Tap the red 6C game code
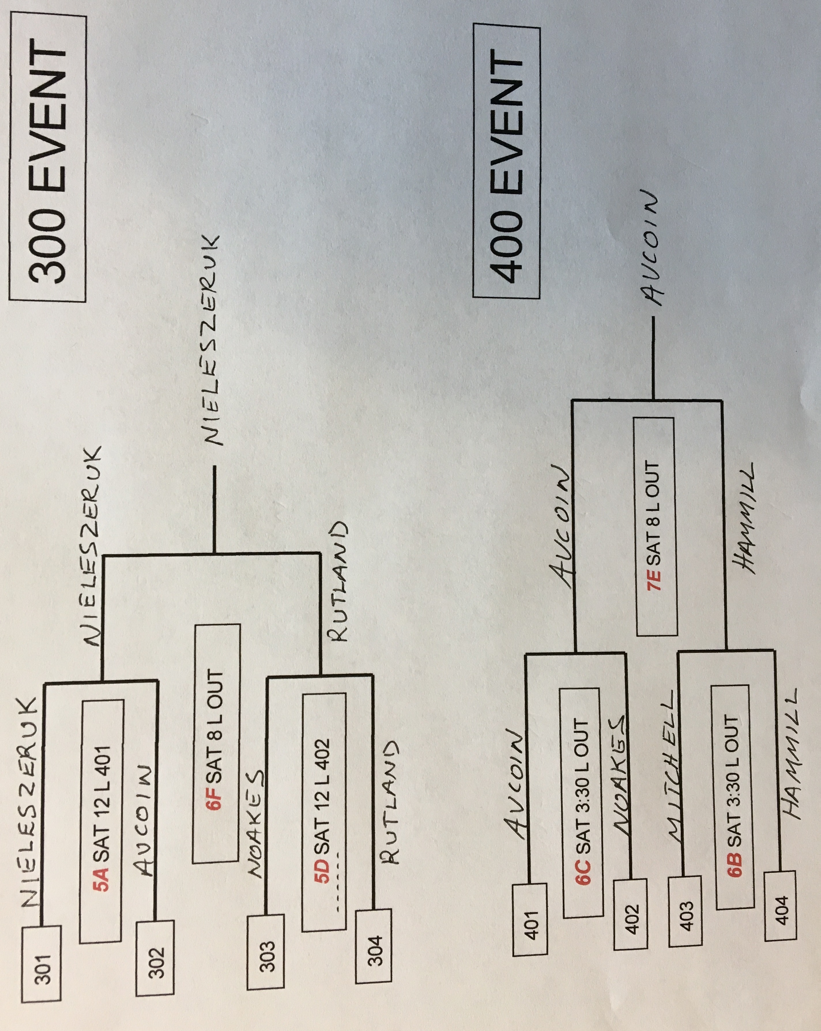[x=584, y=866]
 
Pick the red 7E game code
[x=654, y=579]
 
